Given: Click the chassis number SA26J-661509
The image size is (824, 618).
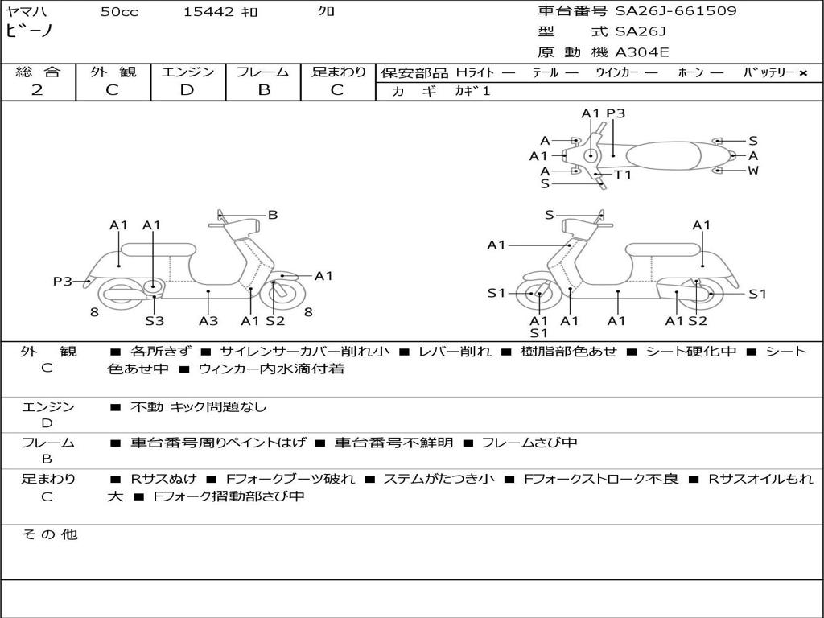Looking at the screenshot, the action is [x=676, y=11].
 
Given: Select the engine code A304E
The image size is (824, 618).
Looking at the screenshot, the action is [x=642, y=53].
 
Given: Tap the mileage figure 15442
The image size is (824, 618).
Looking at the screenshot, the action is [x=208, y=11].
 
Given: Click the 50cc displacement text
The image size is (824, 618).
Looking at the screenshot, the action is [x=119, y=11].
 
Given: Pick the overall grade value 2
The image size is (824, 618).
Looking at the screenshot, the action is [x=37, y=90].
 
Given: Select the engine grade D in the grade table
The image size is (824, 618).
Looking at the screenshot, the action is [x=187, y=90].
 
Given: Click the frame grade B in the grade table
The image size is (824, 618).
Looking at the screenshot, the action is [x=263, y=90].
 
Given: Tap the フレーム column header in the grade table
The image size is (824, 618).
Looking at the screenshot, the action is [x=263, y=72].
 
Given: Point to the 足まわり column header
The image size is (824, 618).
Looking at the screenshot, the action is [x=339, y=72].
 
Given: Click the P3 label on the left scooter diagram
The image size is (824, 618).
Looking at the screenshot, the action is [x=63, y=282].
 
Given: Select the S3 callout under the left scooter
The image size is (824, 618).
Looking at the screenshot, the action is [x=154, y=321].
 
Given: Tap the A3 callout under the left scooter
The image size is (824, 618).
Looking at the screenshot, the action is [x=208, y=321].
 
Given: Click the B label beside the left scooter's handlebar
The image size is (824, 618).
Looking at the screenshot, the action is [x=273, y=215].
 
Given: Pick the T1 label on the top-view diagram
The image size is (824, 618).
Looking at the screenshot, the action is [x=623, y=175].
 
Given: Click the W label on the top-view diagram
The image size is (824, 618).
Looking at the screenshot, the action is [x=753, y=171].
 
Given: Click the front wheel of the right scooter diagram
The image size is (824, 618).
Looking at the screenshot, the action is [x=538, y=295].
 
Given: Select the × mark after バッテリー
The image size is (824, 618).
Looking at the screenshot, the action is [x=803, y=73].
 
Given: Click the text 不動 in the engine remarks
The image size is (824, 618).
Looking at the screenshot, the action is [x=146, y=407].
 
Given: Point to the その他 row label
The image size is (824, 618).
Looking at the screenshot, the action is [x=50, y=534].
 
